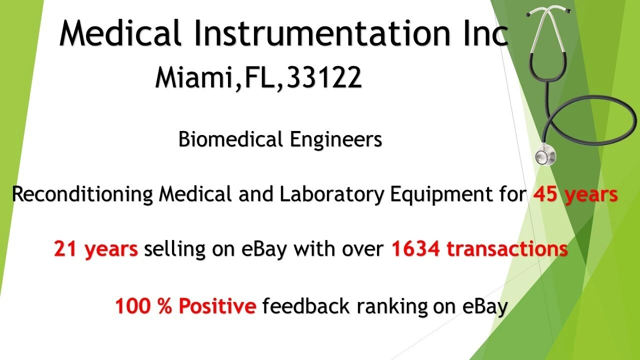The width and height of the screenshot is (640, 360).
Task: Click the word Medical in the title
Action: click(120, 32)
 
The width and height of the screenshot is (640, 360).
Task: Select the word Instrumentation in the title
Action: click(322, 32)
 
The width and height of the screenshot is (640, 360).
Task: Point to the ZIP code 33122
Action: click(324, 77)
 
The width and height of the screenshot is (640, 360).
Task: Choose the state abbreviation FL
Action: click(259, 77)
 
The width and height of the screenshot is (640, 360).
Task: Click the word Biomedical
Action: click(230, 139)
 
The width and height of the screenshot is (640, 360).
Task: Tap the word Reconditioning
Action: click(82, 195)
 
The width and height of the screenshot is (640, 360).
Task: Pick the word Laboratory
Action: click(331, 195)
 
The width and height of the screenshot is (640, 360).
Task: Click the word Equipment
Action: click(441, 195)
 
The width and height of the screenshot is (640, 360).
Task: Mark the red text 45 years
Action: click(575, 195)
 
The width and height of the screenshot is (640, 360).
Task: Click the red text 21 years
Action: click(96, 249)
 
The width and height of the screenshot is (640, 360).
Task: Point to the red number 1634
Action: click(415, 248)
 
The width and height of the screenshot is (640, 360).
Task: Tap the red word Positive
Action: click(217, 305)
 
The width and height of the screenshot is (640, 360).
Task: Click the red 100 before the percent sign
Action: click(132, 305)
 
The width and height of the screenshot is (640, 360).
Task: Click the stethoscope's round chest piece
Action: click(545, 155)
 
